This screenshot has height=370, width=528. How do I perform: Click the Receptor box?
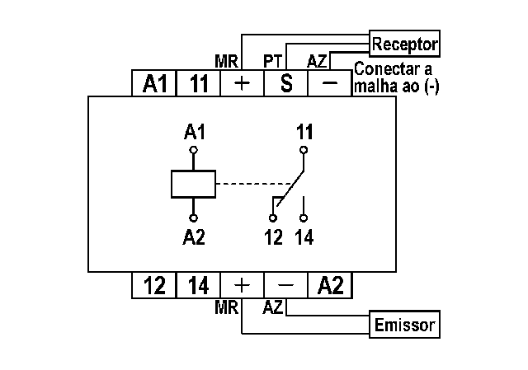click(404, 44)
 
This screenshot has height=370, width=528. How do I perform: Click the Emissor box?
click(404, 324)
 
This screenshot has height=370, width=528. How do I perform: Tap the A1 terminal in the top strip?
click(154, 83)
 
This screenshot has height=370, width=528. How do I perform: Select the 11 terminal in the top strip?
click(198, 83)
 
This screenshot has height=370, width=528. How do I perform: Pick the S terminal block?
click(286, 83)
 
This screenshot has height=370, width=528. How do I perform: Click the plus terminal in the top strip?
click(242, 83)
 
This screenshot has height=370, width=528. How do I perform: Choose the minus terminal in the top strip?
click(330, 83)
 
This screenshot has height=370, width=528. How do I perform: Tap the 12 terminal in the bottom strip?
click(154, 285)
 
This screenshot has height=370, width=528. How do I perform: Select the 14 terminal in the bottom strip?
click(198, 285)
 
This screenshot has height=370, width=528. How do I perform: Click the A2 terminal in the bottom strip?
click(330, 285)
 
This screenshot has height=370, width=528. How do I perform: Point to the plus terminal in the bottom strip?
click(242, 285)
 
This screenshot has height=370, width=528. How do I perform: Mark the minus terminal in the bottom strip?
click(286, 285)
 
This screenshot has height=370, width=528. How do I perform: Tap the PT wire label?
click(273, 62)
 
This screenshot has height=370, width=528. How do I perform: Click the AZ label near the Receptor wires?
click(317, 62)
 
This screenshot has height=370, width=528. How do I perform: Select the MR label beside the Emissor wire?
click(226, 307)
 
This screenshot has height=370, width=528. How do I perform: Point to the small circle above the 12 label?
click(273, 218)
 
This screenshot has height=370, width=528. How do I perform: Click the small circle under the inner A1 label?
click(193, 150)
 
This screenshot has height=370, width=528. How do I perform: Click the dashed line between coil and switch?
click(255, 184)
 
